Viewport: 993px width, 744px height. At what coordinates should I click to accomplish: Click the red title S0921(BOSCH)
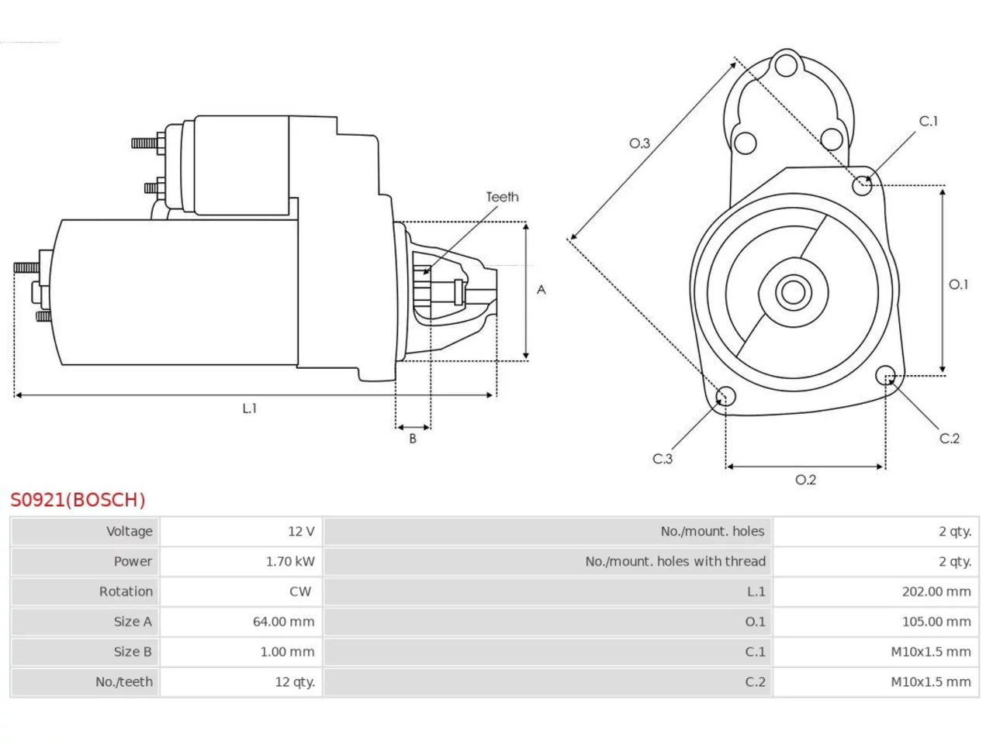pyautogui.click(x=78, y=500)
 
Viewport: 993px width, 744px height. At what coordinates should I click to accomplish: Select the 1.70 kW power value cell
pyautogui.click(x=290, y=562)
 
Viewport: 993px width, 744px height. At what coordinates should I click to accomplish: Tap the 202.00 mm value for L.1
pyautogui.click(x=936, y=592)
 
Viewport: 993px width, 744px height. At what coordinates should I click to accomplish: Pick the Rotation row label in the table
pyautogui.click(x=126, y=592)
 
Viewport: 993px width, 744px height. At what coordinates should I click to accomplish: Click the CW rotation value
pyautogui.click(x=300, y=592)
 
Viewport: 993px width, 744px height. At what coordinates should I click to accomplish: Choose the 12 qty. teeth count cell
pyautogui.click(x=295, y=682)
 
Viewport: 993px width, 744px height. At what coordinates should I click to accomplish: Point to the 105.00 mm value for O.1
pyautogui.click(x=936, y=622)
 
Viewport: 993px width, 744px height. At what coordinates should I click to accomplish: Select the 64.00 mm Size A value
pyautogui.click(x=284, y=622)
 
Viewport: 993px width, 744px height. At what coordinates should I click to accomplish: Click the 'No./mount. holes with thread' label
pyautogui.click(x=675, y=562)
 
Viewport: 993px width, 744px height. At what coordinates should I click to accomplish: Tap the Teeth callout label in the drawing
pyautogui.click(x=502, y=197)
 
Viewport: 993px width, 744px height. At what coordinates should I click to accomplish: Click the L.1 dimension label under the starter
pyautogui.click(x=249, y=408)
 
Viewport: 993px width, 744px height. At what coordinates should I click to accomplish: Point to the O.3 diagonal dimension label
pyautogui.click(x=639, y=143)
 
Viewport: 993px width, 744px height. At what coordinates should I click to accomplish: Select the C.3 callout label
pyautogui.click(x=663, y=459)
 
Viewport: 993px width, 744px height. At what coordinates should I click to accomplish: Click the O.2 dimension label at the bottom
pyautogui.click(x=806, y=480)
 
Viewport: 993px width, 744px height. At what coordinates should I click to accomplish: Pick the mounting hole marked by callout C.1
pyautogui.click(x=862, y=185)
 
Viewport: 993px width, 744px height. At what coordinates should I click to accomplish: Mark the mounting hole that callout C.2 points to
pyautogui.click(x=885, y=375)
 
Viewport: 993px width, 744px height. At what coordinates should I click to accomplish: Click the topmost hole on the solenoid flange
pyautogui.click(x=787, y=64)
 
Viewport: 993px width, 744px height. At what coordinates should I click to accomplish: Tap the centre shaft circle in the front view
pyautogui.click(x=793, y=292)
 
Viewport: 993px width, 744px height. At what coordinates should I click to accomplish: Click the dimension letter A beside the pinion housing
pyautogui.click(x=541, y=290)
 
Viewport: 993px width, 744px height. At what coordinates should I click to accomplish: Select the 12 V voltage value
pyautogui.click(x=301, y=531)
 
